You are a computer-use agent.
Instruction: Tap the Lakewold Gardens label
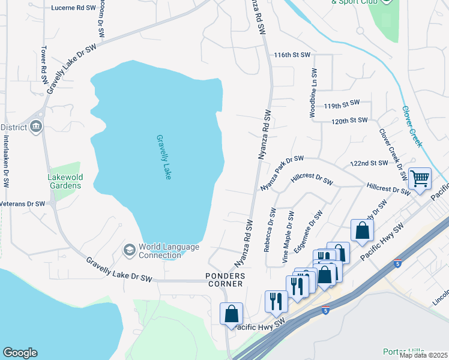(65, 181)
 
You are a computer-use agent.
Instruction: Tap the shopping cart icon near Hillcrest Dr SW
(420, 178)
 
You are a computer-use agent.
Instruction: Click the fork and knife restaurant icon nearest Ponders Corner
(276, 301)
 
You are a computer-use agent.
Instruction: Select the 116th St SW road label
(292, 55)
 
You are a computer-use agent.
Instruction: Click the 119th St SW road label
(342, 104)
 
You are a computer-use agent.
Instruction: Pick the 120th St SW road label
(349, 121)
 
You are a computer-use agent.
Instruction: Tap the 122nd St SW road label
(369, 163)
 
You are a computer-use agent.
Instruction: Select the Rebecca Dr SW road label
(270, 230)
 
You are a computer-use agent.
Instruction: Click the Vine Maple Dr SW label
(288, 232)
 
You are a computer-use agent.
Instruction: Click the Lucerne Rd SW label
(74, 8)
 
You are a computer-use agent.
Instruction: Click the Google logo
(20, 353)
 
